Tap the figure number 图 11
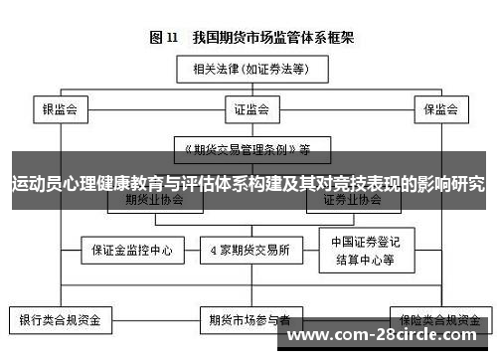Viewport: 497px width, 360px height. click(163, 39)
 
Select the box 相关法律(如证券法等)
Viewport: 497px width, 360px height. click(248, 70)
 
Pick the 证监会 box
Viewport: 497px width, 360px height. click(248, 109)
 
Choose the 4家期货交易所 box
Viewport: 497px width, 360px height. click(250, 250)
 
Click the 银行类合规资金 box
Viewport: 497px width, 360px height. click(61, 321)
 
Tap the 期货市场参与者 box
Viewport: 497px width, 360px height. click(250, 321)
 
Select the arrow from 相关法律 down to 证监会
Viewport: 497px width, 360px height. click(248, 90)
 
